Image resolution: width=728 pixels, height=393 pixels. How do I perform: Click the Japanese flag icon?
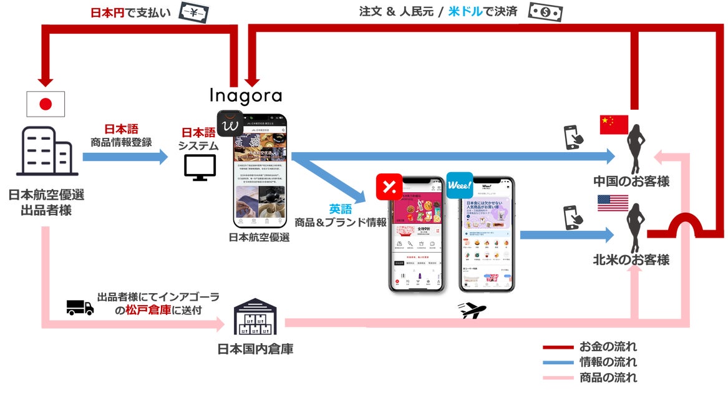[45, 104]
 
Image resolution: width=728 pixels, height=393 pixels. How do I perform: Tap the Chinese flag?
[613, 125]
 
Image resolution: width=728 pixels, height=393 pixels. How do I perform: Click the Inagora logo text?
[245, 96]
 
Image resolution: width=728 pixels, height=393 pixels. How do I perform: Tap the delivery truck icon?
[80, 307]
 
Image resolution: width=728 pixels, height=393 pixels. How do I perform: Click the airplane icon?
[472, 311]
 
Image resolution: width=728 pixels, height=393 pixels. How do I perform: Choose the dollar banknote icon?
[545, 12]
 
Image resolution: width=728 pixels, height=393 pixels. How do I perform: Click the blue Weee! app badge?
[459, 185]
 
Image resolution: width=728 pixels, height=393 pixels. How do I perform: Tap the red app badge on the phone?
[389, 185]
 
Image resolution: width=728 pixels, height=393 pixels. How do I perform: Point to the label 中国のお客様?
[631, 182]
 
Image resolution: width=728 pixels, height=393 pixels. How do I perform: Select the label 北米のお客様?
[631, 260]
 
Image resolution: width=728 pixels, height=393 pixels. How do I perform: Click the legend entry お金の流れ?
[608, 347]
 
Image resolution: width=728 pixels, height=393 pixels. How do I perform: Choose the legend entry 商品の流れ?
[608, 377]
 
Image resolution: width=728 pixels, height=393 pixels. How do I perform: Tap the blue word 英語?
[341, 210]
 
